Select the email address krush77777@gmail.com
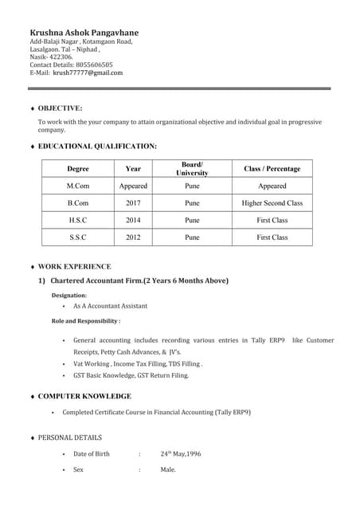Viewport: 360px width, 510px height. (88, 73)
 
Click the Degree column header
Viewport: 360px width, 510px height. (78, 169)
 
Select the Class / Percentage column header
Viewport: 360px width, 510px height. (272, 169)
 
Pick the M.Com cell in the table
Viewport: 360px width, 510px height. (78, 186)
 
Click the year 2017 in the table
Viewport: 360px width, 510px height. (133, 203)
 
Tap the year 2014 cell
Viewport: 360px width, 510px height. (133, 220)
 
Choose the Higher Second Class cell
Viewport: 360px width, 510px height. (272, 203)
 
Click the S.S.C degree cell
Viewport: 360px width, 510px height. (78, 237)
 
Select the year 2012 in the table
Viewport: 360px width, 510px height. (133, 237)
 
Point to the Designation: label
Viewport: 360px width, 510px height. (69, 295)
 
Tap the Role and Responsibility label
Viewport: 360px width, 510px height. (86, 321)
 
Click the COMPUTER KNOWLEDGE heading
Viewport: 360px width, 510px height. (84, 396)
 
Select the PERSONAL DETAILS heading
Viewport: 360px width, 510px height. (70, 437)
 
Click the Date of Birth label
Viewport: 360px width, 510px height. (92, 454)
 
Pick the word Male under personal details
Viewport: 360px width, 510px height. (168, 470)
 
